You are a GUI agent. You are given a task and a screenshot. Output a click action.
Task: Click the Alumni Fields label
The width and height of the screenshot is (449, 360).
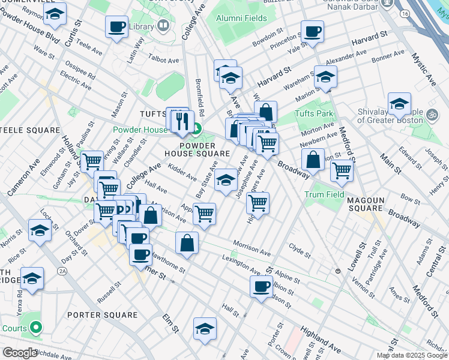pos(242,19)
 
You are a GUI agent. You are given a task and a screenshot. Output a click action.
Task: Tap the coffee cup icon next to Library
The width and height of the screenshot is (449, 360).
pos(116,27)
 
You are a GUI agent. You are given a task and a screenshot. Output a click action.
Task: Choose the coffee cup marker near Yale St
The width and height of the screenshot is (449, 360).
pos(312,32)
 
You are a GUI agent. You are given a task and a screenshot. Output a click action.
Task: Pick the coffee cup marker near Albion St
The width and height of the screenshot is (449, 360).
pos(261,286)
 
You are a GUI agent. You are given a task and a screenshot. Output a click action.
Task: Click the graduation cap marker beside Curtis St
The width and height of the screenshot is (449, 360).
pos(55,15)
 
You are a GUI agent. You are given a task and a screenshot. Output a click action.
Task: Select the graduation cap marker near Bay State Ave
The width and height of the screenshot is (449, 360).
pos(225,180)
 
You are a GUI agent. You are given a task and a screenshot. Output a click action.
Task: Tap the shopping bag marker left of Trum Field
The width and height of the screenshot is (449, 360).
pos(313,160)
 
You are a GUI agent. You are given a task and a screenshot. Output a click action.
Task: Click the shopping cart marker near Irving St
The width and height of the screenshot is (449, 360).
pos(91,161)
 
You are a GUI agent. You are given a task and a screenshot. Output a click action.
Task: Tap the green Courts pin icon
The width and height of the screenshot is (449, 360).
pos(35,328)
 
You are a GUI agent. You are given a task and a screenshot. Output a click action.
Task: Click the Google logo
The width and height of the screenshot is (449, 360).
pos(20,353)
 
